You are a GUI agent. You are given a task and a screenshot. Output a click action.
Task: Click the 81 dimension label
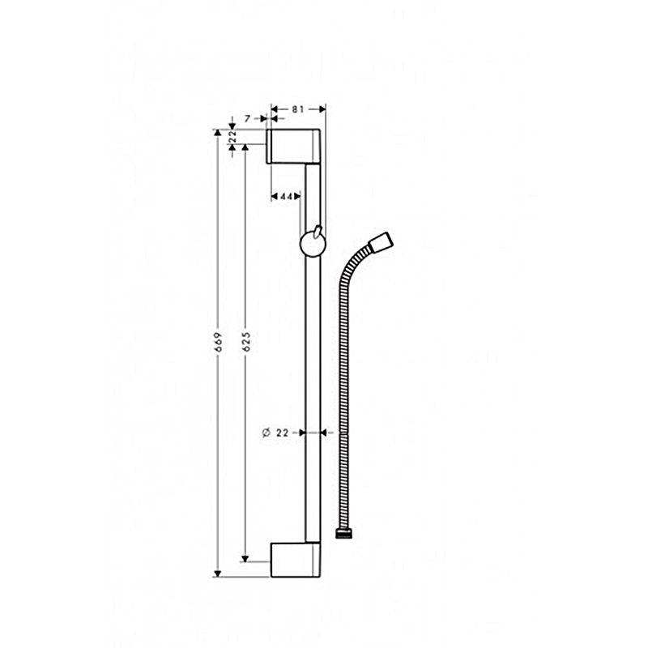(x=297, y=109)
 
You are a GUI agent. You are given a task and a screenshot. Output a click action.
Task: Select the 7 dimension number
(x=247, y=119)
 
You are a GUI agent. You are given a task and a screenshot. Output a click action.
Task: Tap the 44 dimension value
(x=286, y=197)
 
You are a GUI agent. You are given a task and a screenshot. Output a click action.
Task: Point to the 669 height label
(x=219, y=342)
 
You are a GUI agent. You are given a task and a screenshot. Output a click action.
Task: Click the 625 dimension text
(x=246, y=342)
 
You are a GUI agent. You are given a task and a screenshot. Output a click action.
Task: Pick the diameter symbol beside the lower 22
(x=266, y=433)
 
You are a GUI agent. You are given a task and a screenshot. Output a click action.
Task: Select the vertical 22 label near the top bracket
(x=232, y=136)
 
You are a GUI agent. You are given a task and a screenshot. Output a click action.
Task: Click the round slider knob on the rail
(x=313, y=245)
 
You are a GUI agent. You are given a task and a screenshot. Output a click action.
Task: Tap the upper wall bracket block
(x=293, y=147)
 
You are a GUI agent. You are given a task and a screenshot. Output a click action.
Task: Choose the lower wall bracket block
(x=295, y=560)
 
